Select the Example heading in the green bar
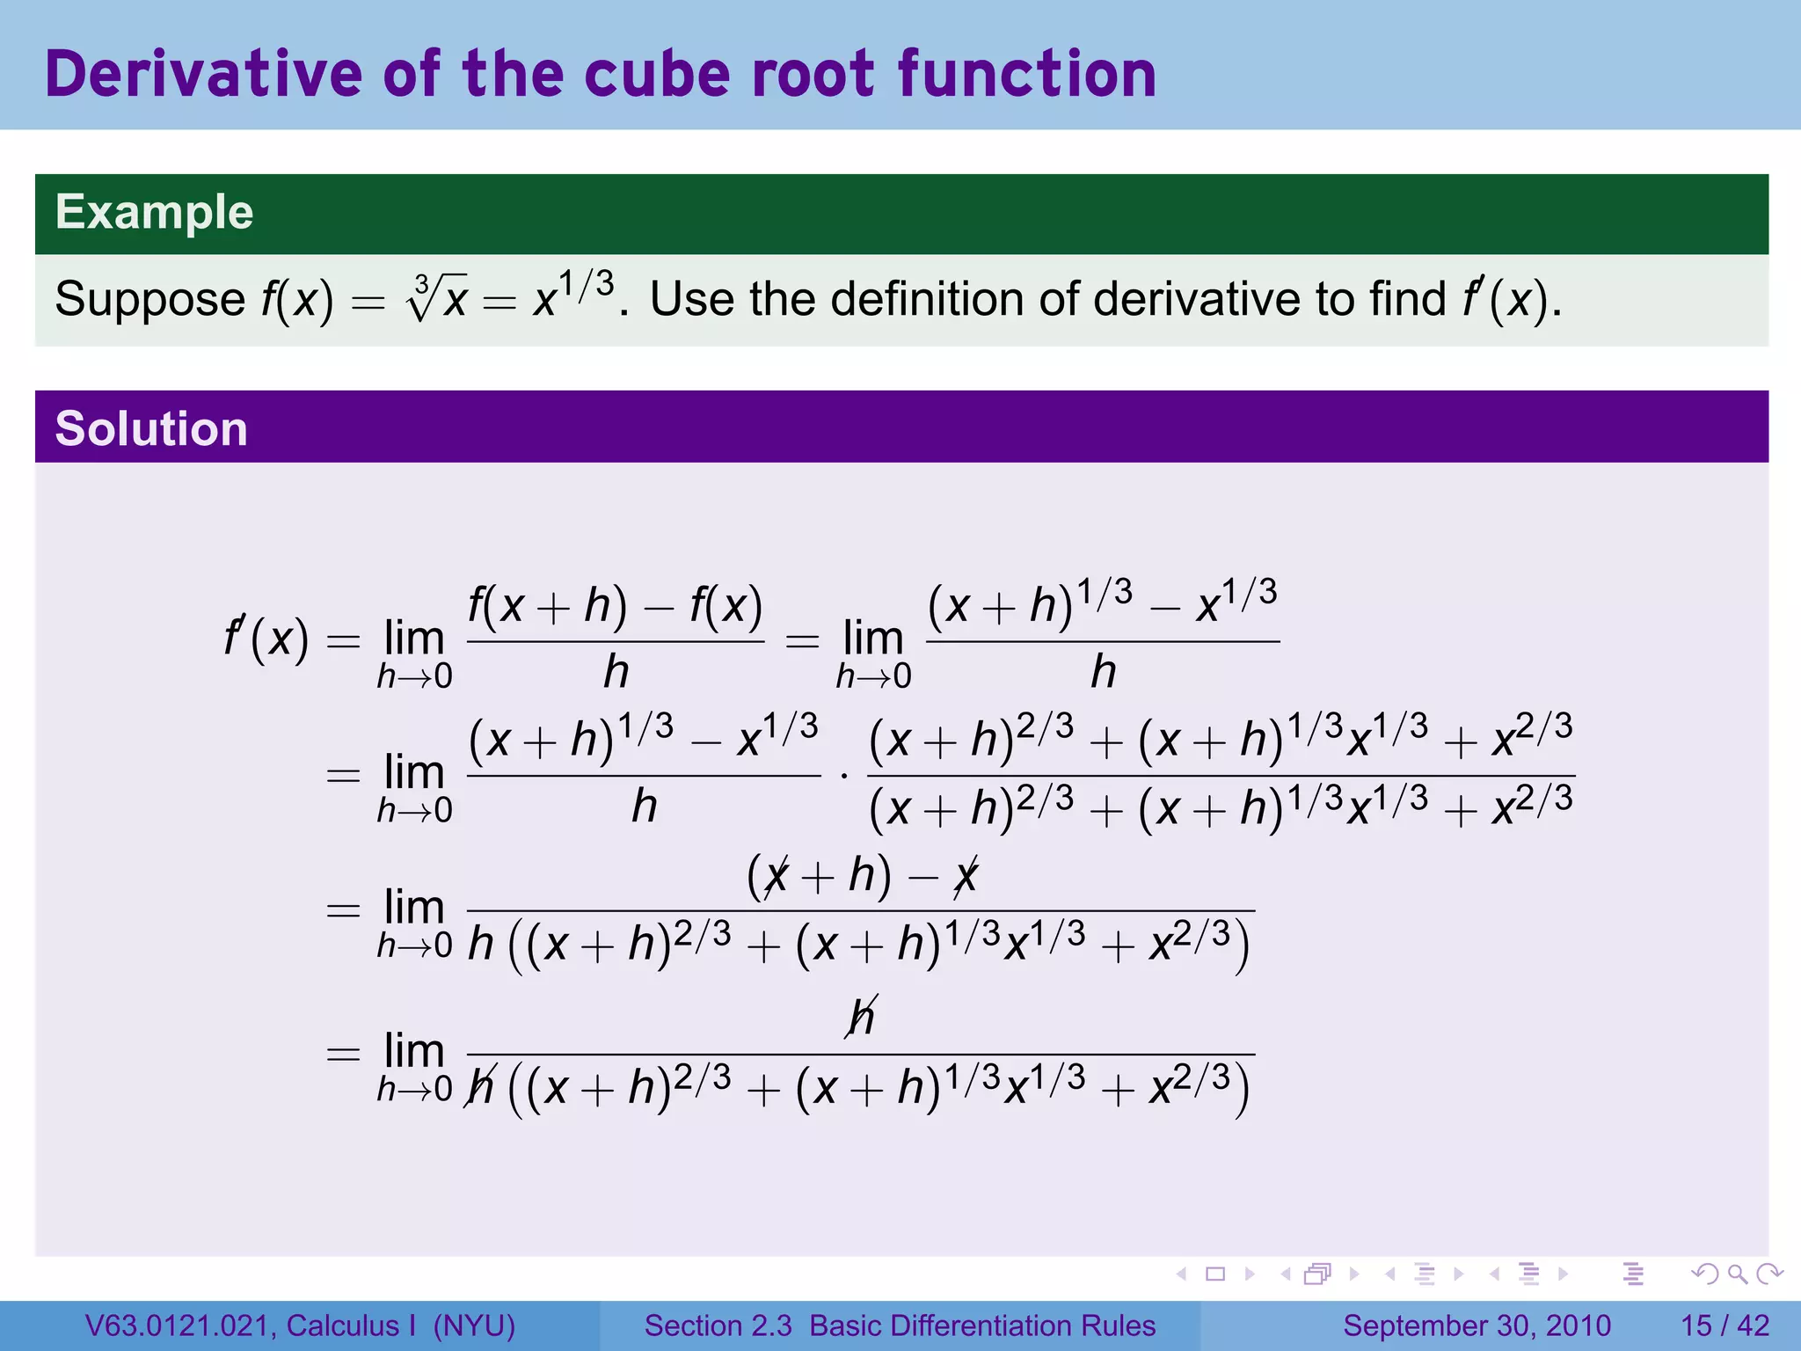coord(154,212)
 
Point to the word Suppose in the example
coord(149,299)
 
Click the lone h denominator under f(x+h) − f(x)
coord(616,673)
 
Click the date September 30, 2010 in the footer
coord(1477,1325)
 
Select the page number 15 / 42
coord(1724,1325)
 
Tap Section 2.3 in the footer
coord(718,1325)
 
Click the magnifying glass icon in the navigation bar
coord(1737,1274)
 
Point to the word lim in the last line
coord(414,1050)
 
